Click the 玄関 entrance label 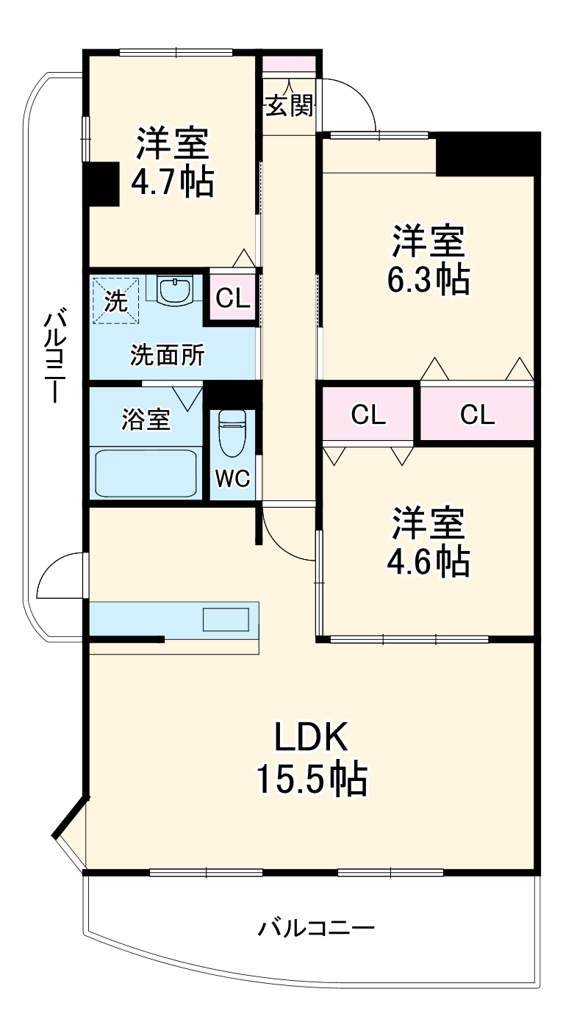290,107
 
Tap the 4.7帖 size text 172,182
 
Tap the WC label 232,478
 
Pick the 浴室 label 146,420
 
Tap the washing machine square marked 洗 115,299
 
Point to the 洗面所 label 168,356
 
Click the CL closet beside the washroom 233,298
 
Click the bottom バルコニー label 316,928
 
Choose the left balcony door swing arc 59,578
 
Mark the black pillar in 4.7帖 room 101,184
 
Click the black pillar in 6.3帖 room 487,154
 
